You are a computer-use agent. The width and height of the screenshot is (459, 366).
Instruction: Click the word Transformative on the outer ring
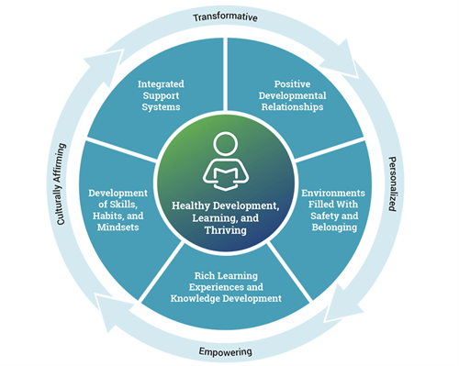pyautogui.click(x=225, y=17)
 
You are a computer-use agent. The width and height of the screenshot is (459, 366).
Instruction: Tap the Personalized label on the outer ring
pyautogui.click(x=392, y=184)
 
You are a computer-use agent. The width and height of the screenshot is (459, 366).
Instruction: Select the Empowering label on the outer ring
pyautogui.click(x=226, y=351)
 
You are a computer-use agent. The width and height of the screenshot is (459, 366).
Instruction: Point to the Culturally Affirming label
pyautogui.click(x=62, y=184)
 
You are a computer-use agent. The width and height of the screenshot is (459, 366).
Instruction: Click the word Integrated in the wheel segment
pyautogui.click(x=161, y=84)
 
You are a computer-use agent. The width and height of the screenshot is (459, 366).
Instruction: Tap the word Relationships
pyautogui.click(x=292, y=107)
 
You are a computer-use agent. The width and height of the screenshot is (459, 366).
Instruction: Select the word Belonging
pyautogui.click(x=334, y=227)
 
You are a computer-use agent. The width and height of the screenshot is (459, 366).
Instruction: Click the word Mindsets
pyautogui.click(x=118, y=227)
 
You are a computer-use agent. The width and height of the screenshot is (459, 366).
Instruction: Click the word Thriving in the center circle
pyautogui.click(x=226, y=230)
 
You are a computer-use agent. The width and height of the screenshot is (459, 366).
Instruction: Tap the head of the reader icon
pyautogui.click(x=226, y=144)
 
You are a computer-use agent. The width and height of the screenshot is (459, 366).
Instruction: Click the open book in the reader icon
pyautogui.click(x=226, y=179)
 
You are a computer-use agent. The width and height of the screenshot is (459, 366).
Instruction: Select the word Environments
pyautogui.click(x=333, y=194)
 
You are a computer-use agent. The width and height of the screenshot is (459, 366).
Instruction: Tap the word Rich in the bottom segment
pyautogui.click(x=205, y=276)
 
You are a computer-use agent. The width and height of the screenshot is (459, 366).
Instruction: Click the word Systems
pyautogui.click(x=161, y=107)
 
